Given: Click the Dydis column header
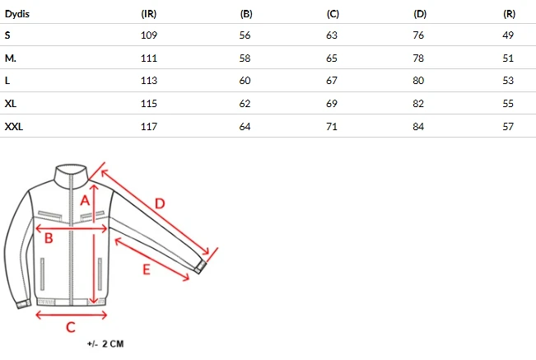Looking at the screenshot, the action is tap(17, 14).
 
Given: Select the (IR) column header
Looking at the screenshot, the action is tap(149, 14).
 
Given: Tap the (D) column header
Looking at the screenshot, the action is tap(420, 14).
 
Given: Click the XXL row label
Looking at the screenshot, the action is tap(14, 127).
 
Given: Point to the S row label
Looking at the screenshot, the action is tap(7, 35).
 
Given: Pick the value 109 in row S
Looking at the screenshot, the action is tap(149, 35).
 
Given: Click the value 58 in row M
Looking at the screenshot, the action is tap(245, 58).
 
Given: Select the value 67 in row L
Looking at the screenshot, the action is tap(332, 81).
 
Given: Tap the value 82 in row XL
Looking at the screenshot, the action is tap(418, 104).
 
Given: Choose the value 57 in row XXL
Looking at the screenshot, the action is tap(508, 127).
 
